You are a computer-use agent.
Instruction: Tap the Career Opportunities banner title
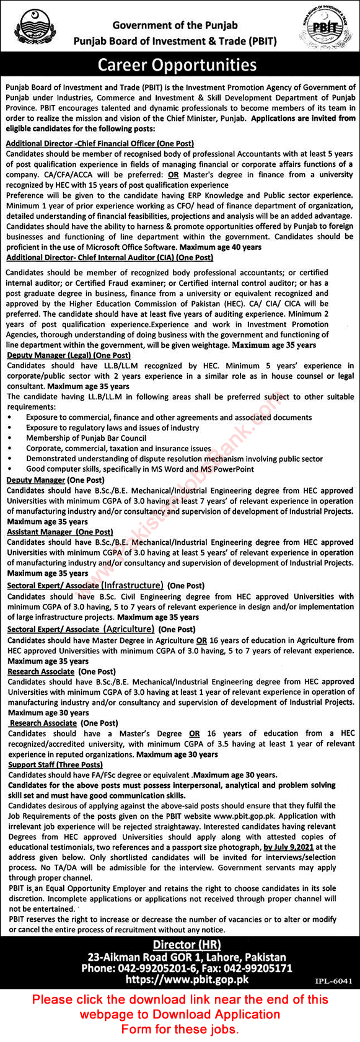click(x=180, y=65)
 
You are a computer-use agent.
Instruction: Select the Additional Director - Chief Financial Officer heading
click(x=100, y=143)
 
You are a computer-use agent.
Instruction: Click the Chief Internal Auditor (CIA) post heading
click(x=110, y=257)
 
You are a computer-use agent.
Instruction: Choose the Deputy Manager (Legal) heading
click(x=68, y=355)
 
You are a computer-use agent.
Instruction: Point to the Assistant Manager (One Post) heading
click(x=59, y=531)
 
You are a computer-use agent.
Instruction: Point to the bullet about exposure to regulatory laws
click(x=112, y=428)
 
